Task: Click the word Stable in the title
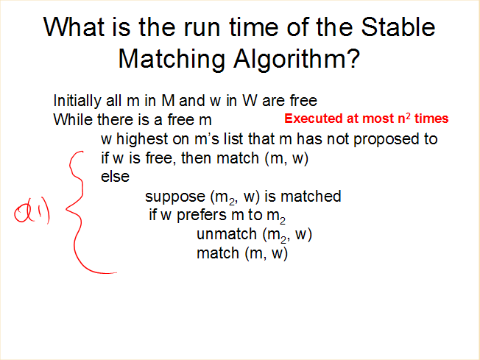(398, 27)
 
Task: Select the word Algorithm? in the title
(297, 60)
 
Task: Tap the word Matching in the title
(172, 60)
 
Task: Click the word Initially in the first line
(77, 101)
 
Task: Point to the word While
(73, 119)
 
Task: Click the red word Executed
(314, 119)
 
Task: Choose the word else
(115, 177)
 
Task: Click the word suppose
(175, 197)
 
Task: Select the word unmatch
(227, 234)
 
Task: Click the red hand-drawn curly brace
(80, 211)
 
